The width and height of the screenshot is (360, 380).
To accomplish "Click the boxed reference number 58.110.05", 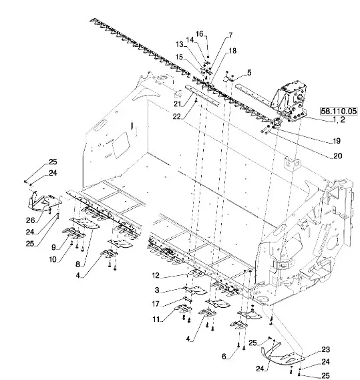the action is tap(339, 112).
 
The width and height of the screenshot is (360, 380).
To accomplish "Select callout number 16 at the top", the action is tap(199, 33).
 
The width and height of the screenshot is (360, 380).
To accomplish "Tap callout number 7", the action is tap(230, 35).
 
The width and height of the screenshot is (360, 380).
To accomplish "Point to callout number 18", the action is tap(232, 51).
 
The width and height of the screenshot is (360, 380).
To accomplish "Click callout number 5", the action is tap(249, 73).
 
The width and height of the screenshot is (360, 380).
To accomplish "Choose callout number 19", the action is tap(337, 141).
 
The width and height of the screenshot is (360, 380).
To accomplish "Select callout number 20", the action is tap(337, 156).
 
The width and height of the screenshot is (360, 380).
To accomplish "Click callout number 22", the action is tap(177, 117).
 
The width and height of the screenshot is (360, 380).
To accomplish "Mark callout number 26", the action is tap(31, 220).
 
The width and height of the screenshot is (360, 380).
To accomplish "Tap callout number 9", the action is tap(53, 247).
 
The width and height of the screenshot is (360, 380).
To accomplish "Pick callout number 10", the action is tap(53, 260).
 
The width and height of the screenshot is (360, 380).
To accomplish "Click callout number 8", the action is tap(77, 264).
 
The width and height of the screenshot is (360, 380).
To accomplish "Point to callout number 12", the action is tap(156, 275).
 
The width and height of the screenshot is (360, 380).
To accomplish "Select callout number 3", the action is tap(157, 290).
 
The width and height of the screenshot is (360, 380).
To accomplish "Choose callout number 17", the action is tap(156, 304).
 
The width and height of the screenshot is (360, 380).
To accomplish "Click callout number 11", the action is tap(156, 319).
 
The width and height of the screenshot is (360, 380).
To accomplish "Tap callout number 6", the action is tap(224, 356).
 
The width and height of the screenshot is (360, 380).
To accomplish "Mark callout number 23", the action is tap(325, 349).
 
